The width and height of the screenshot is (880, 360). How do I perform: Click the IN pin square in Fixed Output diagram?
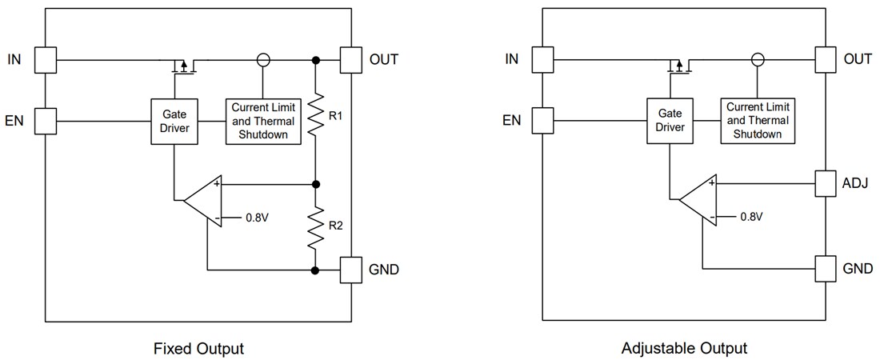tap(46, 59)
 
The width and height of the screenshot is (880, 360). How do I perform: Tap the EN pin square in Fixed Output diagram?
tap(46, 122)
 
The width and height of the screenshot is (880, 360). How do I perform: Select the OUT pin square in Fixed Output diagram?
tap(352, 59)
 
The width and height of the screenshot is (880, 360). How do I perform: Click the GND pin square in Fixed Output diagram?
tap(352, 270)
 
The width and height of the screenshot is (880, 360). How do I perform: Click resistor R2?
tap(316, 226)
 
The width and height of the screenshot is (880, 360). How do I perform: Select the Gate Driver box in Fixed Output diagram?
tap(174, 122)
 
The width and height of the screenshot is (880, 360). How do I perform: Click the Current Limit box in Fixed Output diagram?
tap(262, 122)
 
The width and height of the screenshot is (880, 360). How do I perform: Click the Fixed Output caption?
tap(198, 349)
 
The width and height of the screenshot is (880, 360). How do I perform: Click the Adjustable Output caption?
tap(684, 349)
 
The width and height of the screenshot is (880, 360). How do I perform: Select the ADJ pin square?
tap(826, 183)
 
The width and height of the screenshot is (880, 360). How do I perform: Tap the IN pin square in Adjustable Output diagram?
tap(542, 59)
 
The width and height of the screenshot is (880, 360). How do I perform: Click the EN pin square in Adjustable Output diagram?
tap(542, 121)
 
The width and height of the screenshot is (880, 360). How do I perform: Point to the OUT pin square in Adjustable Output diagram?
tap(826, 59)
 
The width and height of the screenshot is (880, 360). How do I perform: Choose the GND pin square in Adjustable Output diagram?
tap(826, 268)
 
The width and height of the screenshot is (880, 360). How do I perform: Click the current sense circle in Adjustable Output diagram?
tap(758, 59)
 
